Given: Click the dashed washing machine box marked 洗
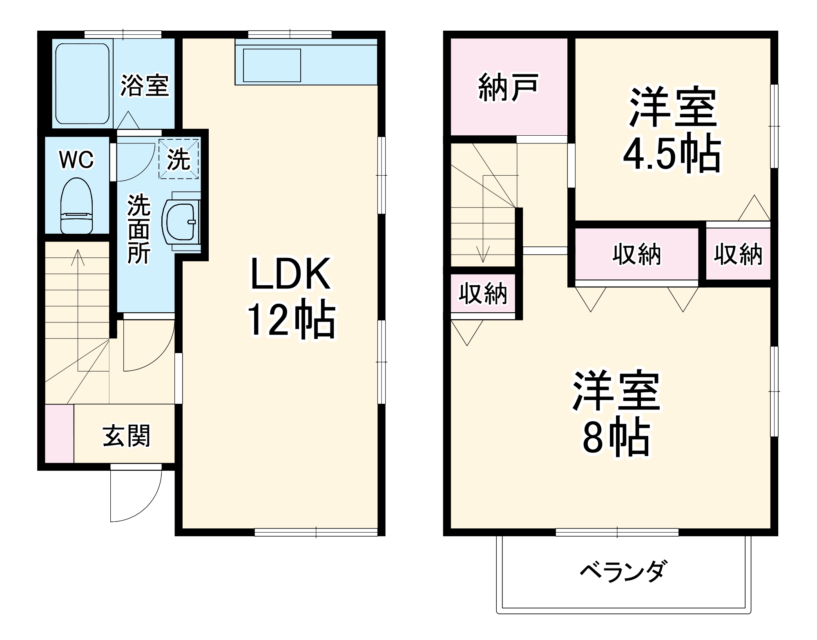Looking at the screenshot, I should [179, 159].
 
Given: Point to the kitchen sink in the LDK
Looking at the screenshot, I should [272, 65].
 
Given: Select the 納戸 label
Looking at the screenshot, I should [508, 87].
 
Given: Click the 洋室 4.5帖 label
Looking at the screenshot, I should [672, 130].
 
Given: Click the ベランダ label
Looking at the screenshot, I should [624, 571].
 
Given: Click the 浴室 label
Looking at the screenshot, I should [144, 85].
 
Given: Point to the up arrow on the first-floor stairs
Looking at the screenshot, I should [78, 257].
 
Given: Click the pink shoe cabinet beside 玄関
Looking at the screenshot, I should [59, 434].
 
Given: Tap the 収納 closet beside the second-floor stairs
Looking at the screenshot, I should [483, 293].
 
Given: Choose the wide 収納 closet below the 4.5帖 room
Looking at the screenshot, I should [636, 254].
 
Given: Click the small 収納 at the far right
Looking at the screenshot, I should [738, 254].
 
